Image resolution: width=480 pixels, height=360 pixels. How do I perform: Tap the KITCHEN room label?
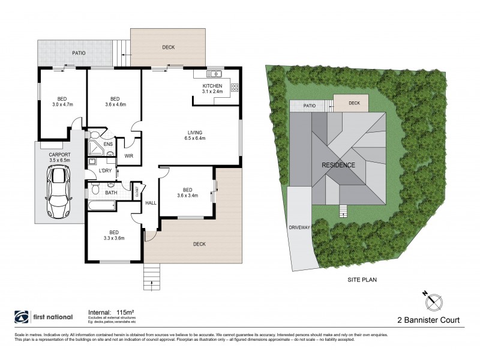(x=212, y=85)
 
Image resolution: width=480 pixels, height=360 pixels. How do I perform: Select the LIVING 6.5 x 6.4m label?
(x=194, y=135)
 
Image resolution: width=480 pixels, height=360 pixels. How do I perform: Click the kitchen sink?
(x=215, y=74)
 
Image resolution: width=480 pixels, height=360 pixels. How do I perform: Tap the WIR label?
(x=128, y=156)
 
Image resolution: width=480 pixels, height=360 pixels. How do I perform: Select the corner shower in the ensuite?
(x=95, y=148)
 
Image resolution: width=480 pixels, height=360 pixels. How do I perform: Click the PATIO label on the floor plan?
(x=79, y=53)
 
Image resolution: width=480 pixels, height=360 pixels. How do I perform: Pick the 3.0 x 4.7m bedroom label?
(x=62, y=102)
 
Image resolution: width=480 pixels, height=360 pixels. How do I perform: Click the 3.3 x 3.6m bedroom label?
(x=113, y=235)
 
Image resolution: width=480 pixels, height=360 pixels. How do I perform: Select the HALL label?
(x=151, y=203)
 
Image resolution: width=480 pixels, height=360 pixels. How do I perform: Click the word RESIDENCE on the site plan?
(x=338, y=165)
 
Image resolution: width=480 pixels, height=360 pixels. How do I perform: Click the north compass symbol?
(x=433, y=298)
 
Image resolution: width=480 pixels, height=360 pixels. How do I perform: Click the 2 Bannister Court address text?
(x=430, y=320)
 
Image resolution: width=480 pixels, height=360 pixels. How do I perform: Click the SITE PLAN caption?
(x=362, y=280)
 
